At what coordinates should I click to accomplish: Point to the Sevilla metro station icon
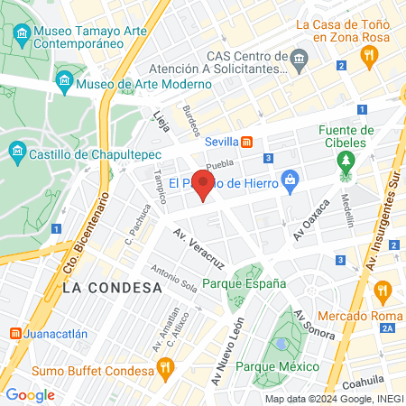pos(259,142)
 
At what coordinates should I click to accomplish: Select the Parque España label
pos(244,282)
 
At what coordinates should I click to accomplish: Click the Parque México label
pos(278,366)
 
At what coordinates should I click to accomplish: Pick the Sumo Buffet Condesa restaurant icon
pos(164,367)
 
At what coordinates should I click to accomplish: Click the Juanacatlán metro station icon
pos(15,333)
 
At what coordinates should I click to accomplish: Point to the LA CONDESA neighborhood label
pos(113,287)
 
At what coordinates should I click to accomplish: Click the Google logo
pos(30,394)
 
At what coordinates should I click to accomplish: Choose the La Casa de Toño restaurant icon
pos(368,57)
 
